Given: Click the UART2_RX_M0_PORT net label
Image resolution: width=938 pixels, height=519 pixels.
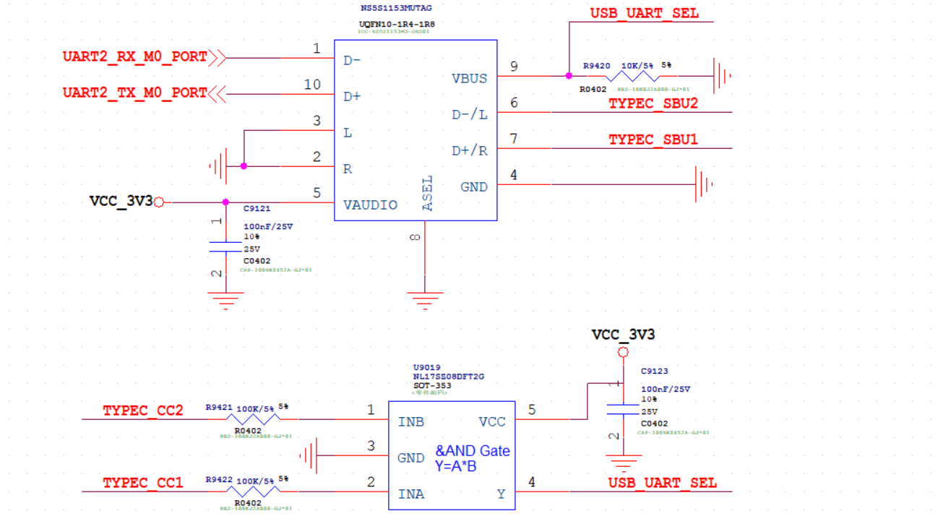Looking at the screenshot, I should [x=134, y=56].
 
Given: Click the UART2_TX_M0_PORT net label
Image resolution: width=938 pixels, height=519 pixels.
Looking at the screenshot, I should [x=134, y=93].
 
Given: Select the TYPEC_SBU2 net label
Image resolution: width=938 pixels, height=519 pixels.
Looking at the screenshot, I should [x=653, y=103].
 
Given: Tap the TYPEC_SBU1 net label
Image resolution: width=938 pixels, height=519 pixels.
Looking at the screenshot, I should [x=653, y=140].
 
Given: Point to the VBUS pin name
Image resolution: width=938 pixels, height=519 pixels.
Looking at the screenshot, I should [x=469, y=78].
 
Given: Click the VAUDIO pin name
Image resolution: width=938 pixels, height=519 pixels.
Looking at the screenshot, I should [x=370, y=205].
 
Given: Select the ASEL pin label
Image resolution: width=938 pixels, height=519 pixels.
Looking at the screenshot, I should [x=427, y=193].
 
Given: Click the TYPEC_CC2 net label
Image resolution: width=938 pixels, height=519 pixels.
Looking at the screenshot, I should [x=142, y=411].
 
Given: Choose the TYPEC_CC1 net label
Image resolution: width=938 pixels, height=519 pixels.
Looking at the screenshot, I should [x=142, y=482].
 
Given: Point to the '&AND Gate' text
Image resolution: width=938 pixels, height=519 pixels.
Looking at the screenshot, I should [x=472, y=451].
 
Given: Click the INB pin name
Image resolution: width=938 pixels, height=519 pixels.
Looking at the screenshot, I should [x=410, y=421].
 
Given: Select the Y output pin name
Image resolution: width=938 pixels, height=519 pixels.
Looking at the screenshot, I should [x=501, y=494].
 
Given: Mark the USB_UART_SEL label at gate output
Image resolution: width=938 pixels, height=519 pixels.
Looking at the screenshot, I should [x=662, y=482].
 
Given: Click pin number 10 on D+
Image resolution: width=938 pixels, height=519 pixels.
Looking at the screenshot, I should [x=312, y=85].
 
